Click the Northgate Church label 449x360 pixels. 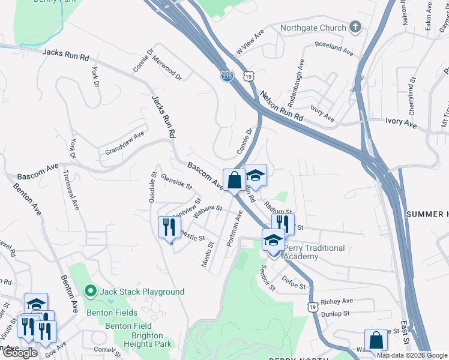313,28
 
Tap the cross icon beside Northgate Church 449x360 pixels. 355,27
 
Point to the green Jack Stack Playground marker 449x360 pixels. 91,292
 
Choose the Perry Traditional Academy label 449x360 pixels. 314,252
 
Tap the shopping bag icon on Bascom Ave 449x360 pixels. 233,179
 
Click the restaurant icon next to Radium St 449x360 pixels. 282,224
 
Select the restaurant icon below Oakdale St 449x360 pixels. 169,227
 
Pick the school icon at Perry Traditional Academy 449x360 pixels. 273,240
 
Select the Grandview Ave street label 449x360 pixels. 125,142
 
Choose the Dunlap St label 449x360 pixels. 335,314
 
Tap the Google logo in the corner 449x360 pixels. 20,353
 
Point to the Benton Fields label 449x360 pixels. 112,313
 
